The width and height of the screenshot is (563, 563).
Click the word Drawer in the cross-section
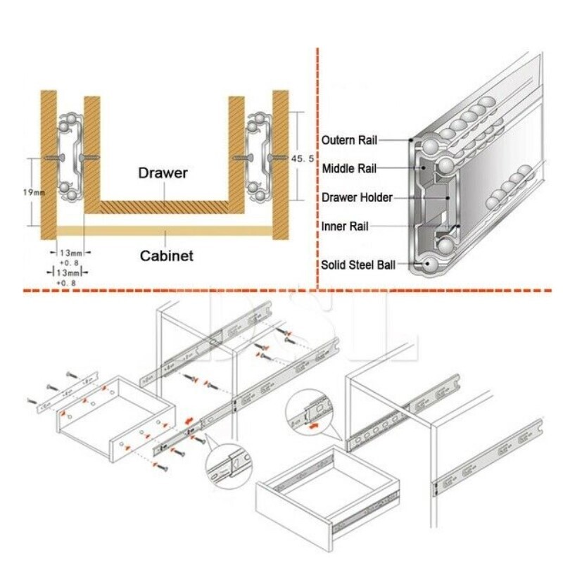(x=163, y=172)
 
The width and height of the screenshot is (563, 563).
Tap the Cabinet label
(x=166, y=256)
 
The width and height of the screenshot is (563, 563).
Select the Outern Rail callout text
(x=349, y=140)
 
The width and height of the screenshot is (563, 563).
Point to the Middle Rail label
(x=349, y=169)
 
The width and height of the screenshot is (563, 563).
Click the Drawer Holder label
(x=357, y=198)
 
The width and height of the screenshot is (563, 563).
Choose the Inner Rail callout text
(x=345, y=227)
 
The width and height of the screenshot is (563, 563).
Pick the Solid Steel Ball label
(x=358, y=265)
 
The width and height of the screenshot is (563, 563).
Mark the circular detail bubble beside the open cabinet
(x=309, y=412)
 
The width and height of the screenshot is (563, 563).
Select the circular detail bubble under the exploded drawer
(x=229, y=465)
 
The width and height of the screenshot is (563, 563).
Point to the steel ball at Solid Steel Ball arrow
(x=429, y=264)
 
